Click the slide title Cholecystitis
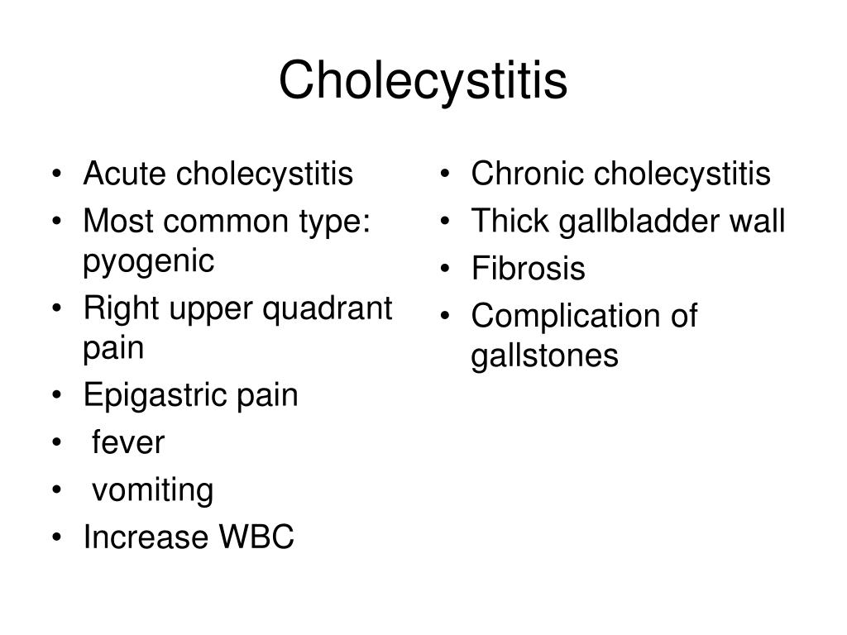[423, 81]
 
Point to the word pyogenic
[149, 262]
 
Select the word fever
[128, 442]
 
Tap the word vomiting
[152, 490]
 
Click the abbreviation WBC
[256, 537]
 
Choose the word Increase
[146, 537]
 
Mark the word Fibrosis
[528, 269]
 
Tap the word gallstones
[544, 356]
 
